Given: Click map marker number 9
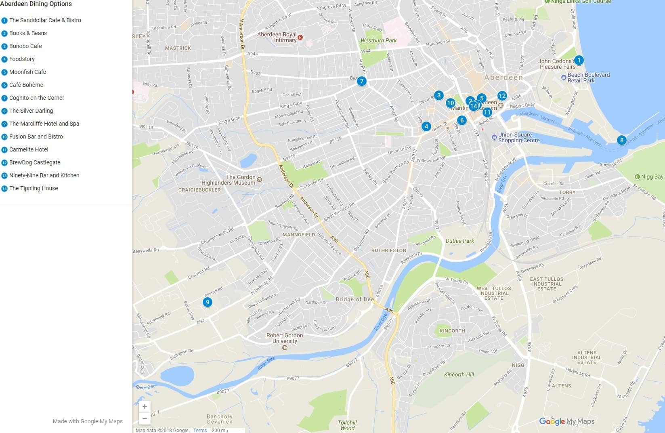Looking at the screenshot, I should pyautogui.click(x=207, y=302).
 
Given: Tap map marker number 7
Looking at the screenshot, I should pyautogui.click(x=361, y=81).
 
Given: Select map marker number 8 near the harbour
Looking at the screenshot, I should pyautogui.click(x=621, y=140).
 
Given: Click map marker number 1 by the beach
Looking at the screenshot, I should pyautogui.click(x=579, y=60).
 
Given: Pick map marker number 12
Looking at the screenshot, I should pyautogui.click(x=502, y=96).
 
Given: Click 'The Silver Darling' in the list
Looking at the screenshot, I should pyautogui.click(x=31, y=111).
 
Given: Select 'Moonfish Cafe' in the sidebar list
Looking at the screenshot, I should pyautogui.click(x=27, y=72).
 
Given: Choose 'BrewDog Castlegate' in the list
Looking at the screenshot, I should pyautogui.click(x=35, y=162).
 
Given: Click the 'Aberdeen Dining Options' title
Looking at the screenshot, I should pyautogui.click(x=36, y=4).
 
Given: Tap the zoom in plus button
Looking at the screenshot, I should pyautogui.click(x=145, y=407).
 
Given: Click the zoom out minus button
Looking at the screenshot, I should pyautogui.click(x=145, y=419).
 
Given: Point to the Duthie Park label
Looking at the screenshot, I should pyautogui.click(x=459, y=241).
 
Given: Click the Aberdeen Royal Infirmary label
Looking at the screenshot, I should pyautogui.click(x=277, y=37).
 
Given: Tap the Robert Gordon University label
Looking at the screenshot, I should pyautogui.click(x=284, y=338).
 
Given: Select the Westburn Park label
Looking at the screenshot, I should pyautogui.click(x=378, y=40).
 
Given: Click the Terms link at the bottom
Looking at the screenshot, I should pyautogui.click(x=200, y=430).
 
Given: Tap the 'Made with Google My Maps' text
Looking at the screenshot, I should pyautogui.click(x=88, y=421).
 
